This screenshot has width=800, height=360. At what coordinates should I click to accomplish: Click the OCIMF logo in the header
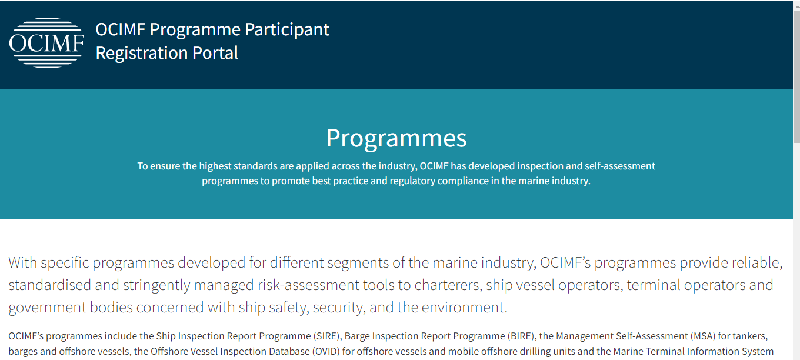tap(46, 43)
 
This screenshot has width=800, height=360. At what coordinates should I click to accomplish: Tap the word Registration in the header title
tap(142, 53)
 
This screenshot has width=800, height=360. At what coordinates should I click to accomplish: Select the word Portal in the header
tap(215, 53)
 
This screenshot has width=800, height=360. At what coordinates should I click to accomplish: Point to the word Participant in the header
tap(287, 29)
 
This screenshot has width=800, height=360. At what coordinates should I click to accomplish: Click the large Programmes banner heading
tap(396, 138)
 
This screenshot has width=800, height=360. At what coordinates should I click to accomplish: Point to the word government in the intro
tap(47, 308)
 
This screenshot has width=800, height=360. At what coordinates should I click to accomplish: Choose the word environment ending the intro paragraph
tap(464, 307)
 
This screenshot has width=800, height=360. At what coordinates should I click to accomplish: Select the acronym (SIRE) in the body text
tap(326, 336)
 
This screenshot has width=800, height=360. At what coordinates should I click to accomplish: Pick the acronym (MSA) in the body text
tap(703, 336)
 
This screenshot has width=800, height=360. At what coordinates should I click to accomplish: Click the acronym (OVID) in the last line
tap(326, 351)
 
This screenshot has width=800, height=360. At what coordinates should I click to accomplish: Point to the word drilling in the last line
tap(532, 351)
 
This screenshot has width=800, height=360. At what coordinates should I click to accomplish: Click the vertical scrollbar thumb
tap(796, 77)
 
